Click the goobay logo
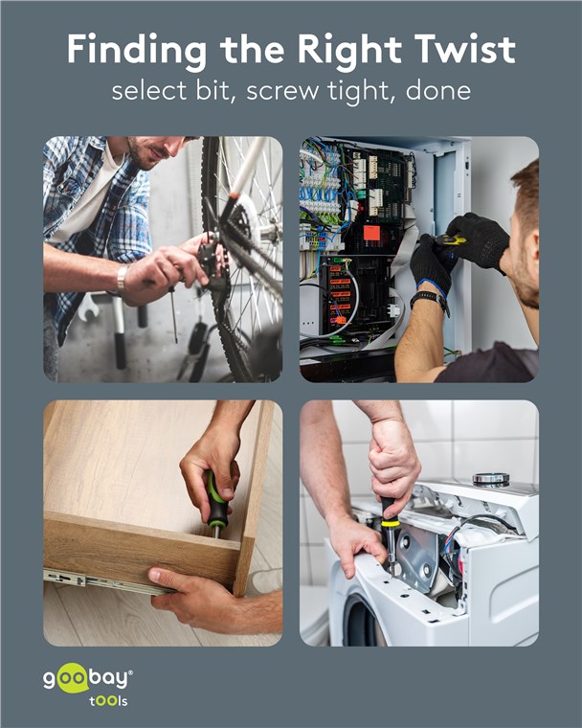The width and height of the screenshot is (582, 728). pyautogui.click(x=88, y=679)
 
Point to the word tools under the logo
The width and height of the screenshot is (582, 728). pyautogui.click(x=107, y=700)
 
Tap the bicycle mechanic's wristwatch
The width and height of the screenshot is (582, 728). pyautogui.click(x=122, y=279)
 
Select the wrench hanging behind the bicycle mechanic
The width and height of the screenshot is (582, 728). pyautogui.click(x=89, y=307)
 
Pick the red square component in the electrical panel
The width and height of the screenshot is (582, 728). pyautogui.click(x=372, y=232)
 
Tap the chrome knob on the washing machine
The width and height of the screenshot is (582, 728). pyautogui.click(x=490, y=479)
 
